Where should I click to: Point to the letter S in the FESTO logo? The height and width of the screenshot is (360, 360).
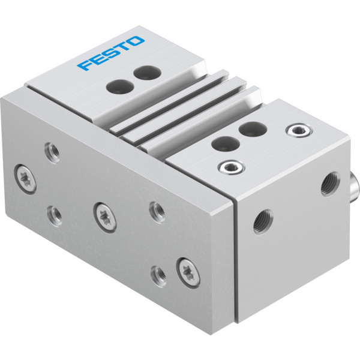(x=110, y=52)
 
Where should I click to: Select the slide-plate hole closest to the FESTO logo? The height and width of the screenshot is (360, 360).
(x=147, y=73)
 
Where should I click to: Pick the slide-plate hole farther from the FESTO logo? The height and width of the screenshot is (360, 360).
(x=120, y=86)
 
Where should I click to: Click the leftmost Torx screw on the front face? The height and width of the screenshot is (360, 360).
(x=25, y=179)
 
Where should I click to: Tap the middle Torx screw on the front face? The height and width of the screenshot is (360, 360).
(x=105, y=217)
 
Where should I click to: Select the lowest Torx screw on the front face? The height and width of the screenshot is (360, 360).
(x=188, y=272)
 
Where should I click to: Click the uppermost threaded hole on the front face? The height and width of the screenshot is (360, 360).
(x=53, y=153)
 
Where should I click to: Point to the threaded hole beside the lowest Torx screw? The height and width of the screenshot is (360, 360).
(x=158, y=277)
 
